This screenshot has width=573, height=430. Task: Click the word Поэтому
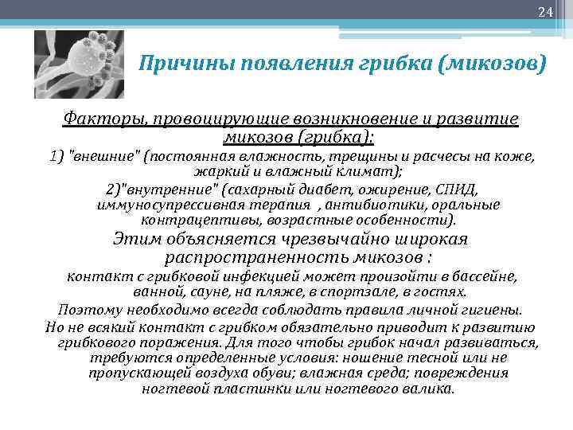point(92,309)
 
